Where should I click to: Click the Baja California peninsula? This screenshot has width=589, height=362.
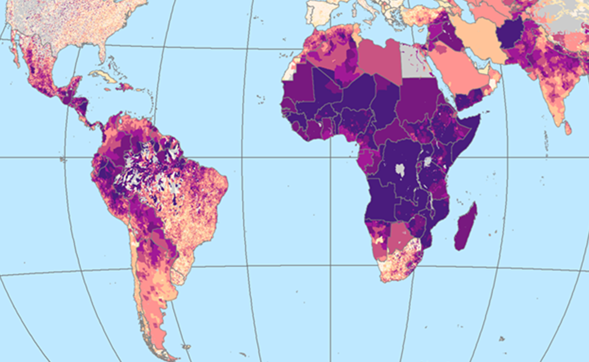(x=15, y=53)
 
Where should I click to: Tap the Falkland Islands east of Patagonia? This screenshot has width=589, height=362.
(x=186, y=346)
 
